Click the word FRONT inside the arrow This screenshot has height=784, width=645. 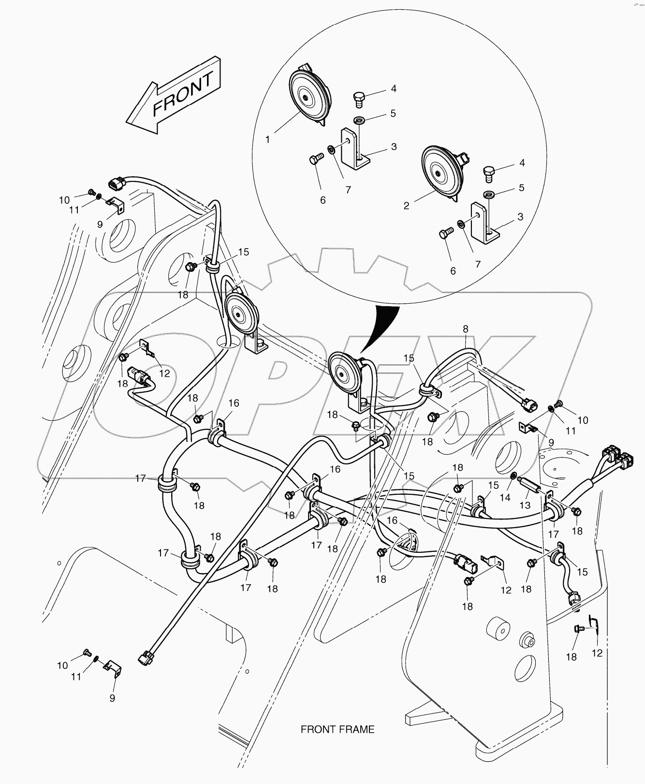click(183, 94)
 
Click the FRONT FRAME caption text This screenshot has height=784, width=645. click(337, 729)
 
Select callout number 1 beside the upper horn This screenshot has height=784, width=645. click(267, 139)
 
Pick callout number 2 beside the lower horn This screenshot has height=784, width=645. click(406, 206)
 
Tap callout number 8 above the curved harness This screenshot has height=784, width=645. click(465, 329)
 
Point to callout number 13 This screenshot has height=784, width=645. click(525, 505)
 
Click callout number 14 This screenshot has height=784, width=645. click(505, 497)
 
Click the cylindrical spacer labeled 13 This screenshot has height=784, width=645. click(529, 484)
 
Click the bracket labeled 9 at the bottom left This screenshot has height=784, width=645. click(114, 670)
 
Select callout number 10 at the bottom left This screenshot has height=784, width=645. click(62, 666)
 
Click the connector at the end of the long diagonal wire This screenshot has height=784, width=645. click(146, 658)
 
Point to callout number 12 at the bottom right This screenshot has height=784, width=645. click(597, 653)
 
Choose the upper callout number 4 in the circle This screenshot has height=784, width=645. click(394, 89)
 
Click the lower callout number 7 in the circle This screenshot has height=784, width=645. click(478, 264)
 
